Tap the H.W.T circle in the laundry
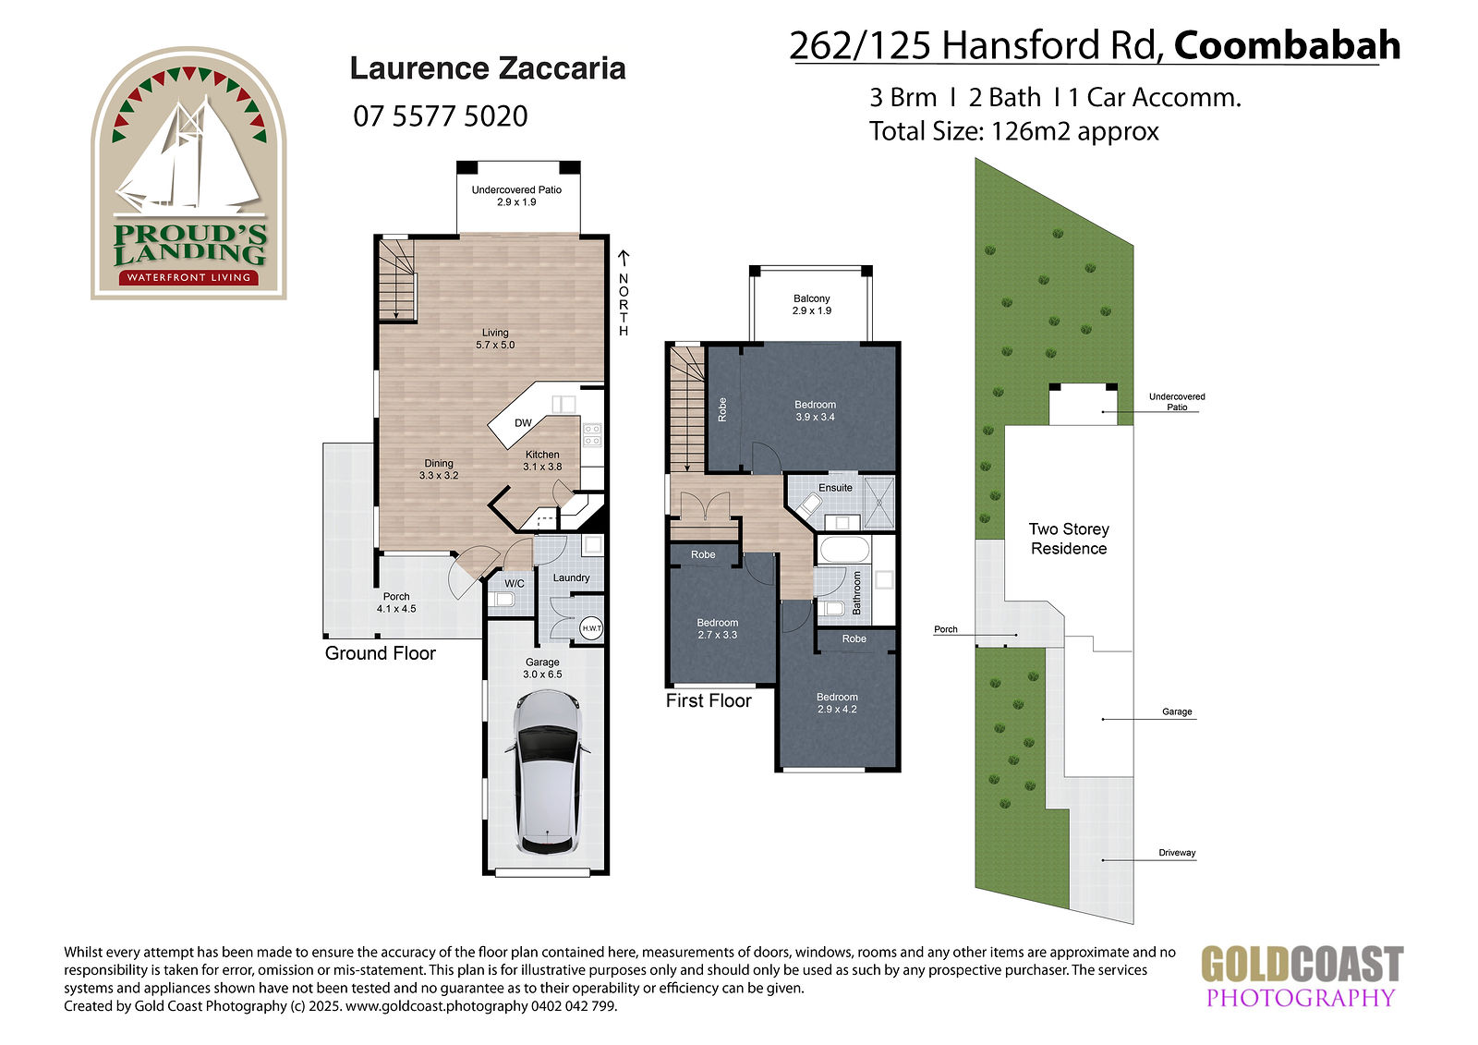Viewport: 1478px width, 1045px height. click(591, 628)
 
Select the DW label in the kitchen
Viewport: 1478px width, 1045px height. click(523, 423)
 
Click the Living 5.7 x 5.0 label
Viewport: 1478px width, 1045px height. click(495, 339)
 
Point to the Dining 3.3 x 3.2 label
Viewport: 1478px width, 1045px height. click(439, 469)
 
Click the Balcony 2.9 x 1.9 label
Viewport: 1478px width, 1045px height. click(812, 304)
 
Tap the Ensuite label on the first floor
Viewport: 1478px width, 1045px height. click(835, 488)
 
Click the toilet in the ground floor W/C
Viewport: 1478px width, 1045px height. click(504, 600)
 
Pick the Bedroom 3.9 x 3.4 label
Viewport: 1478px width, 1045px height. click(815, 410)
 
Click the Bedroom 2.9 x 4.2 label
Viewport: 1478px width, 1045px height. click(837, 703)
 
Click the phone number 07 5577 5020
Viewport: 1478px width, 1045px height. click(440, 116)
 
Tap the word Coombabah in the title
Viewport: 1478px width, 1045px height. click(1288, 45)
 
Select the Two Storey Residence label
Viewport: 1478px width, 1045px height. click(1069, 539)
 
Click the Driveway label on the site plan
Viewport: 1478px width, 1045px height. click(1177, 852)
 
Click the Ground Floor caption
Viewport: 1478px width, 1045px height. click(380, 653)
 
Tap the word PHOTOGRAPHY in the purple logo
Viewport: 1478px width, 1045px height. click(1301, 997)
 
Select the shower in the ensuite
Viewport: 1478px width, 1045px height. click(878, 503)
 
